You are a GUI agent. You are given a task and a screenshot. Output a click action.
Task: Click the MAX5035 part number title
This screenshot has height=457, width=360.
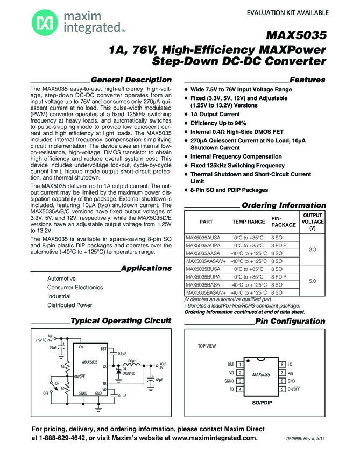coord(297,37)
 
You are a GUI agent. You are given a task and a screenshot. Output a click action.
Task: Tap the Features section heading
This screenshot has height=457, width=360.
coord(307,80)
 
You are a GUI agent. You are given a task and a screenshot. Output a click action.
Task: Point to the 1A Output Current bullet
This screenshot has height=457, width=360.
coord(215,114)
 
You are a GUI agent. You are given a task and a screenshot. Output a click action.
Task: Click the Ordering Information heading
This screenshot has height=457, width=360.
coord(284,205)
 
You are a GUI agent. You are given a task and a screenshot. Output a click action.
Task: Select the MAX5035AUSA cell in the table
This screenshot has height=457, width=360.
coord(203,237)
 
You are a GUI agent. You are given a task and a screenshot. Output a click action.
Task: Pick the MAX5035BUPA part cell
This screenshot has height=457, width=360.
coord(203,276)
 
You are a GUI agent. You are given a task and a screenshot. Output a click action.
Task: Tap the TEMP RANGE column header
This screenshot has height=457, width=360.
coord(249,222)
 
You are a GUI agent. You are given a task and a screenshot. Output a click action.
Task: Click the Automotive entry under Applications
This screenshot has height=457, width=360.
coord(61,279)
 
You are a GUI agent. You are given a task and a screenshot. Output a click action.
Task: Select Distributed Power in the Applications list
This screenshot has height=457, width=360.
coord(69,305)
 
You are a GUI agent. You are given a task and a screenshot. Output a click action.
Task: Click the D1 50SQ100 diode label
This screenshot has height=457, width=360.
coord(129,371)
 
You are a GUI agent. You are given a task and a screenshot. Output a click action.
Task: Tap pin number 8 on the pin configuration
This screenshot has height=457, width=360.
coord(282,365)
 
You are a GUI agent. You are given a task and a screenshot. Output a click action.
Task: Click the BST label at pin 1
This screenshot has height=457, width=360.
coord(230,365)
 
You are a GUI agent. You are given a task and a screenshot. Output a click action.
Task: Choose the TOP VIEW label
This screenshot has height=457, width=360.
coord(207,346)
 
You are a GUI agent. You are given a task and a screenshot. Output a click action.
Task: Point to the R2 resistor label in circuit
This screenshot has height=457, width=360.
coord(62,387)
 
